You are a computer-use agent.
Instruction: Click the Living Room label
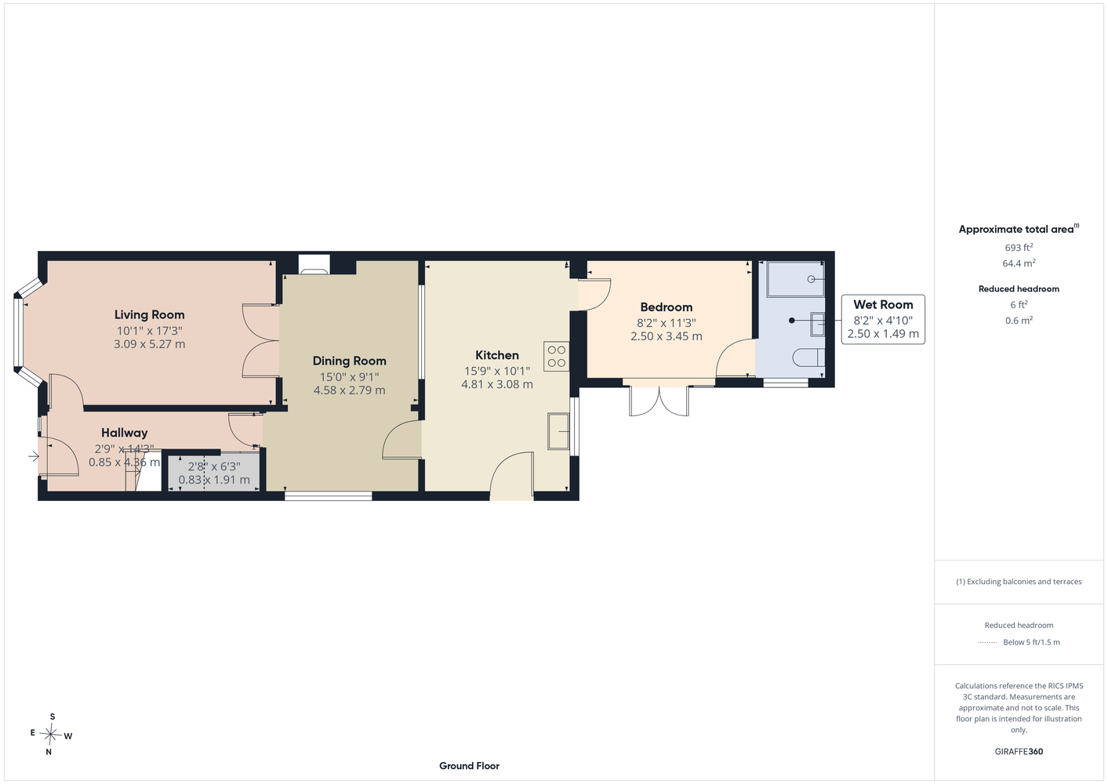(x=150, y=314)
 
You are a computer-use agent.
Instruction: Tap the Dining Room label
(x=349, y=361)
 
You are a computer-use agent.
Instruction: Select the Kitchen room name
(x=497, y=355)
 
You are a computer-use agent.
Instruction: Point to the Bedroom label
(x=667, y=307)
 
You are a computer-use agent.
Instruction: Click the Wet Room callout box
(x=883, y=320)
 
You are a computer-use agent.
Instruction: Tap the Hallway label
(x=124, y=433)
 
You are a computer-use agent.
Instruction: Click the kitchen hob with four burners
(x=557, y=356)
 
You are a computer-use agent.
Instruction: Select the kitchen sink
(x=558, y=431)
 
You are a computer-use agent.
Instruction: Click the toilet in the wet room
(x=808, y=358)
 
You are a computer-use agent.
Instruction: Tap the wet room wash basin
(x=818, y=325)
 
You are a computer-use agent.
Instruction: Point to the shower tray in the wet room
(x=795, y=279)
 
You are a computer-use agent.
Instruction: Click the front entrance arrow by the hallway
(x=34, y=456)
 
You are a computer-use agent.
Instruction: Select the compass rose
(x=51, y=735)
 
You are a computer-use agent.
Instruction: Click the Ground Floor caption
(x=469, y=766)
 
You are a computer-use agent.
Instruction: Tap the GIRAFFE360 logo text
(x=1019, y=751)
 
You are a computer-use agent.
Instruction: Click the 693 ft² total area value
(x=1019, y=247)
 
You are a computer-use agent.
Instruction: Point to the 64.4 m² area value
(x=1019, y=263)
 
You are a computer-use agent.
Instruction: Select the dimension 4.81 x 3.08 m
(x=497, y=384)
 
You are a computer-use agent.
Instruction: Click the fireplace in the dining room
(x=314, y=264)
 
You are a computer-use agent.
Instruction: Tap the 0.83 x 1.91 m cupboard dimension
(x=214, y=480)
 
